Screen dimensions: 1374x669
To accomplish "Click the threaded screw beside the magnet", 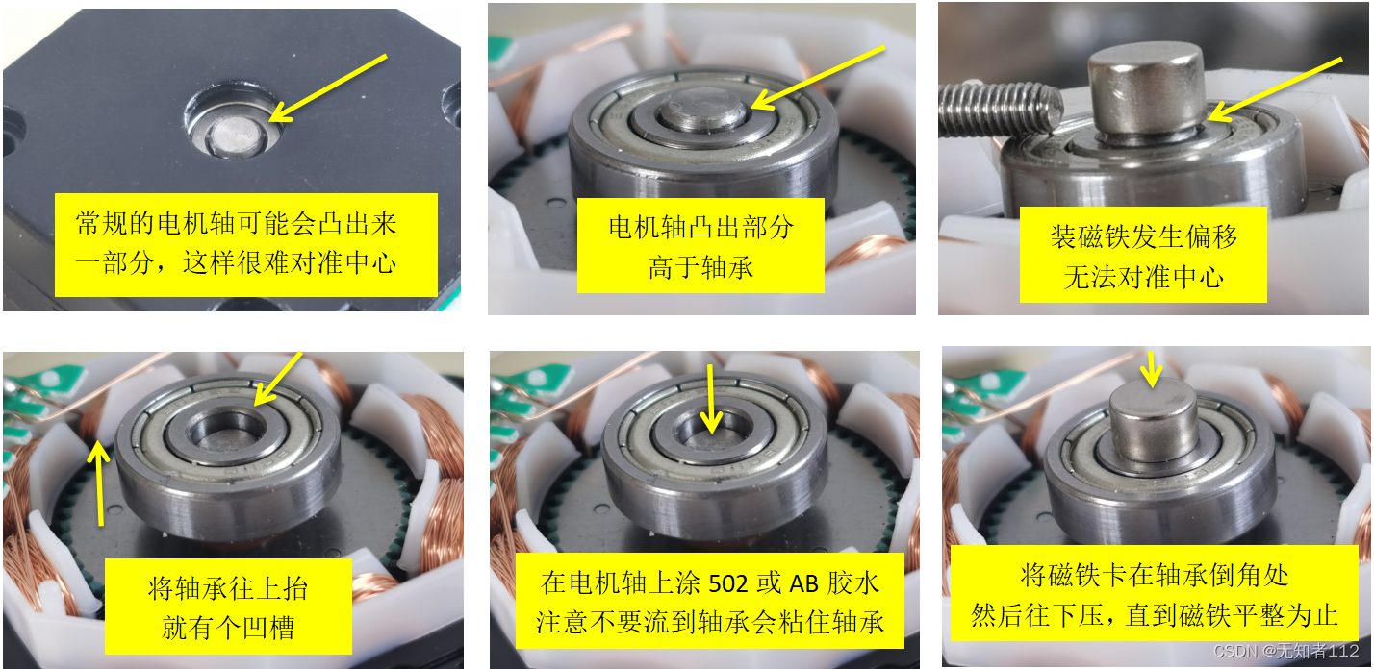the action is coord(1001,111).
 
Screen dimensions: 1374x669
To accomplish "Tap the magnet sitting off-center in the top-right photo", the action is coord(1146,87).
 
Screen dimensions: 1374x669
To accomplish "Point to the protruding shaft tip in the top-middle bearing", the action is coord(702,109).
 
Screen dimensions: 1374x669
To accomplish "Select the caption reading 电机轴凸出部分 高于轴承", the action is coord(700,246).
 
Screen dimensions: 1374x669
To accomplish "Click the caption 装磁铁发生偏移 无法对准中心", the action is coord(1143,256).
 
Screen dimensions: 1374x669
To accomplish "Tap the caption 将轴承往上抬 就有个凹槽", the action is coord(228,607).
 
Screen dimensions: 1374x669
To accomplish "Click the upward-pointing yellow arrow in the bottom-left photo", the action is coord(99,484).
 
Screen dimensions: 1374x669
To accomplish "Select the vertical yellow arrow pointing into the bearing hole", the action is coord(711,399).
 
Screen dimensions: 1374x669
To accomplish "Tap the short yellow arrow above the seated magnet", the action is coord(1152,369).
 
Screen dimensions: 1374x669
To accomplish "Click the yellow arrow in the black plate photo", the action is coord(328,88).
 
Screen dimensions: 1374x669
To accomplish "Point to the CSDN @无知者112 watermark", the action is coord(1285,650).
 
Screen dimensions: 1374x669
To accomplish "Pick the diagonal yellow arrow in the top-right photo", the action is coord(1275,89).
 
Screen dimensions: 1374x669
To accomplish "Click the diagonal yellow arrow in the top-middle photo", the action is coord(818,78).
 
